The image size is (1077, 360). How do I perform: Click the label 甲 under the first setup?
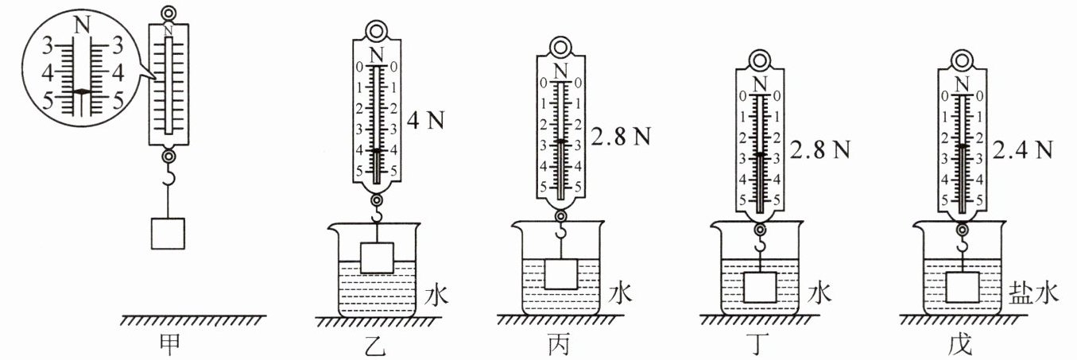click(x=170, y=345)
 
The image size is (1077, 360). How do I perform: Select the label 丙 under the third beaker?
click(x=560, y=345)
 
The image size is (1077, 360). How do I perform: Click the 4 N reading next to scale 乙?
click(x=425, y=120)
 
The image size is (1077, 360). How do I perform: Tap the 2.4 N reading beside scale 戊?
click(x=1023, y=150)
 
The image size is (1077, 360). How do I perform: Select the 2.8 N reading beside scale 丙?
click(x=621, y=137)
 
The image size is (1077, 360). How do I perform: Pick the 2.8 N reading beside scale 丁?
click(x=820, y=150)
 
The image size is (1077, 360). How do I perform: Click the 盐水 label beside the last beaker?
click(x=1033, y=292)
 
